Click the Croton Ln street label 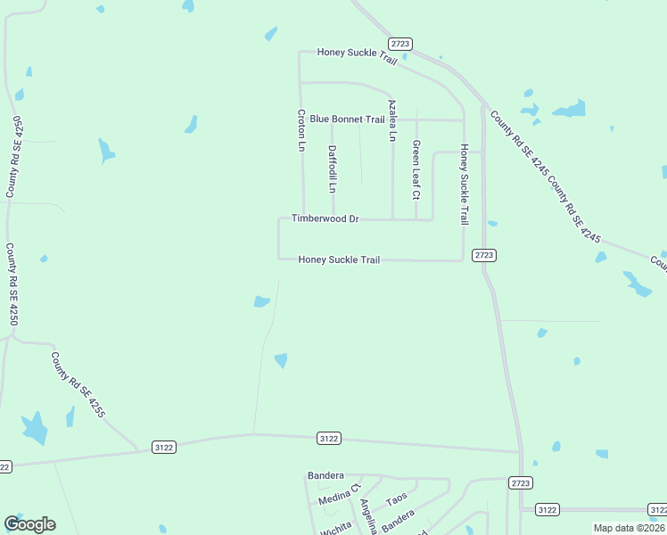click(x=301, y=130)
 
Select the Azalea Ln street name click(x=391, y=120)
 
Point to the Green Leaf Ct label click(x=416, y=169)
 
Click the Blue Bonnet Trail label click(x=347, y=119)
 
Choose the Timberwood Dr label click(x=325, y=218)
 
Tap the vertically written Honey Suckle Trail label click(x=464, y=184)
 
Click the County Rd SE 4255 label click(x=78, y=385)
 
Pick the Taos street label click(x=397, y=498)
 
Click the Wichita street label click(x=337, y=528)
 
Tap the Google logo click(x=29, y=524)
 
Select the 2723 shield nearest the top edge click(x=400, y=44)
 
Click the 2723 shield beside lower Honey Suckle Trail click(x=483, y=255)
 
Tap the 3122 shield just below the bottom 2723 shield click(x=548, y=509)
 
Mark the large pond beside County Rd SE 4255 click(x=34, y=429)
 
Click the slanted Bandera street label click(x=399, y=521)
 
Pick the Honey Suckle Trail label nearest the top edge click(x=357, y=53)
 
